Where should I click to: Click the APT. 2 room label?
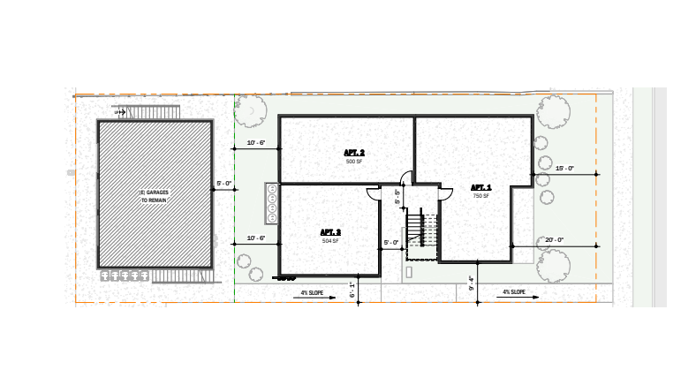[354, 153]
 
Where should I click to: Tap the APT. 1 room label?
[480, 187]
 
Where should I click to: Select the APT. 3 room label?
[330, 232]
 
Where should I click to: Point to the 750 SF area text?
[480, 195]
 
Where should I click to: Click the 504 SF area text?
[330, 240]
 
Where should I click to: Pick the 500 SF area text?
[354, 162]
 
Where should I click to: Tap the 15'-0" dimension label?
[564, 168]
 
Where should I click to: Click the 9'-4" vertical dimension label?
[472, 284]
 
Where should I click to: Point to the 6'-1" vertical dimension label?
[352, 289]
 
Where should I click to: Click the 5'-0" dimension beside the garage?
[224, 184]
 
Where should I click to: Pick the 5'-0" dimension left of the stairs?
[390, 242]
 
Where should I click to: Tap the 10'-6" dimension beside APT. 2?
[256, 142]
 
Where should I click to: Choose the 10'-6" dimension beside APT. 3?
[256, 238]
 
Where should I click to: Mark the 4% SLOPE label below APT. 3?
[314, 291]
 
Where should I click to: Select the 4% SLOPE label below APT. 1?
[514, 291]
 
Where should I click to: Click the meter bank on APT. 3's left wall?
[272, 204]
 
